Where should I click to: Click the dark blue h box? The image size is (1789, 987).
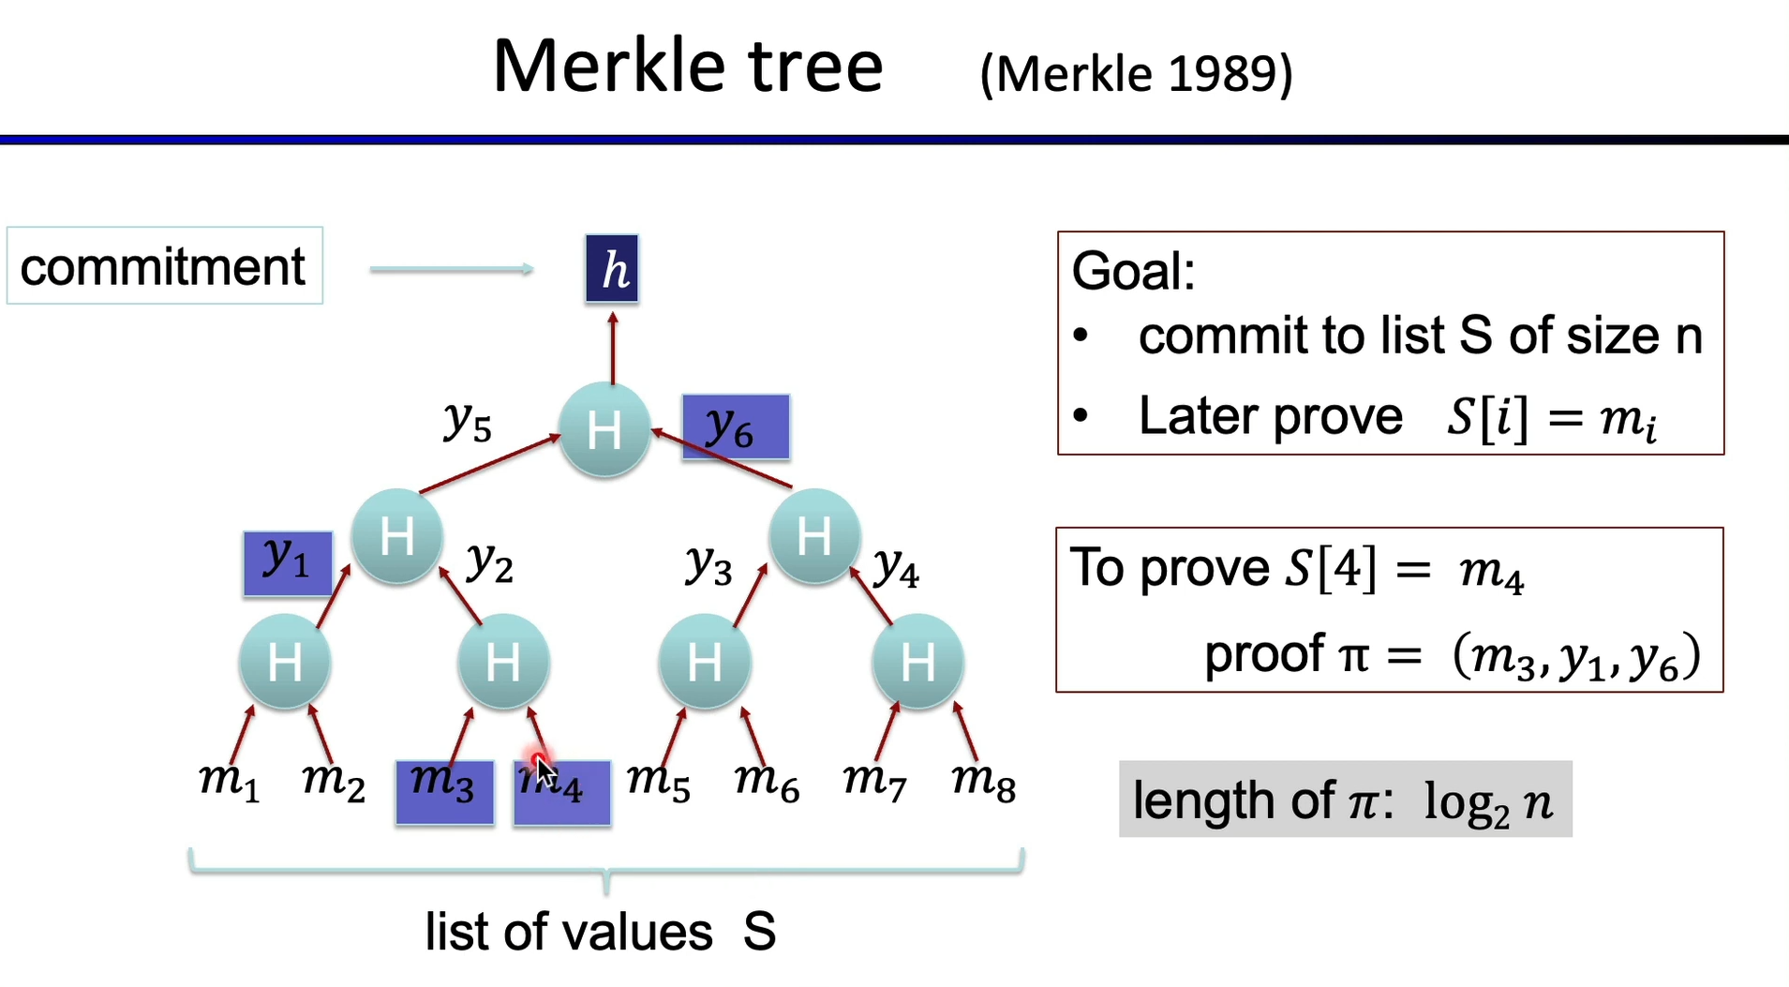(x=612, y=269)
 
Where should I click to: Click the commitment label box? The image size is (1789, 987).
(x=164, y=266)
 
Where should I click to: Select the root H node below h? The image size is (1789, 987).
(x=604, y=430)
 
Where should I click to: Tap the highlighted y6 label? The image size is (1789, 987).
(x=735, y=427)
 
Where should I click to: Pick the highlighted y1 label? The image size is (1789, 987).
(x=287, y=562)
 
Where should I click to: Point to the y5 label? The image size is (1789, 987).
(x=467, y=422)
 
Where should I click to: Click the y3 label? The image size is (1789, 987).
(x=708, y=566)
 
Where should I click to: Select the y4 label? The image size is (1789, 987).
(x=896, y=568)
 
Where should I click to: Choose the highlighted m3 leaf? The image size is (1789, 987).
(x=444, y=792)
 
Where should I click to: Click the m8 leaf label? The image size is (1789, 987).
(x=983, y=782)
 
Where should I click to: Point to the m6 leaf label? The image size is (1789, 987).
(x=767, y=782)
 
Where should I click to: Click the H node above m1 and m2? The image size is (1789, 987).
(x=285, y=663)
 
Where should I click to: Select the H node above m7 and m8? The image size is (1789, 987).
(x=917, y=663)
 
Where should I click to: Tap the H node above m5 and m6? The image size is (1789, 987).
(x=705, y=663)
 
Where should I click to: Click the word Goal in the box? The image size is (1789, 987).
(x=1133, y=272)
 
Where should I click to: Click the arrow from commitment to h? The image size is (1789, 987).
(x=452, y=270)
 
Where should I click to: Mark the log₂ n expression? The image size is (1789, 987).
(x=1488, y=802)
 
